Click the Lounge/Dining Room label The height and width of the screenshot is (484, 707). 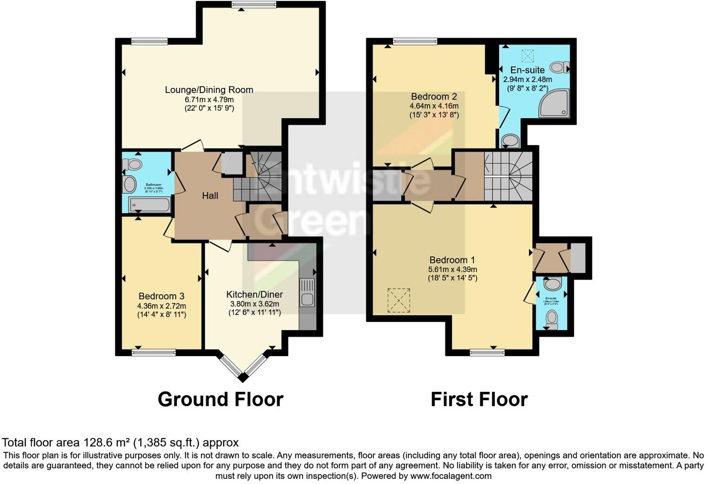click(209, 90)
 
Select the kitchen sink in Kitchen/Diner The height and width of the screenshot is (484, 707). click(307, 292)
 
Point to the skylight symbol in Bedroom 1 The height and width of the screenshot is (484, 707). click(399, 300)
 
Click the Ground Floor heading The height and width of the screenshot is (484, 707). click(220, 399)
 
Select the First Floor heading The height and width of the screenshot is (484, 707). click(479, 399)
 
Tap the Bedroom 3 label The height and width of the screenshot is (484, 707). click(161, 296)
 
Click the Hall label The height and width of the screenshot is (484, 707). click(210, 196)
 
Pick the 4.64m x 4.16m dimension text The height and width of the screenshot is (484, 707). click(434, 106)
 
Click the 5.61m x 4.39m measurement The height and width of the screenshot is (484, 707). click(453, 269)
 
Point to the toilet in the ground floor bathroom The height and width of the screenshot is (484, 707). click(132, 165)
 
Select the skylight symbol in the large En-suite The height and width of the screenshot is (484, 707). click(527, 56)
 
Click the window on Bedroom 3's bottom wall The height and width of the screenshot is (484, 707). click(153, 353)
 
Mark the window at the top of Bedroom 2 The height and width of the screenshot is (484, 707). click(415, 41)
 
